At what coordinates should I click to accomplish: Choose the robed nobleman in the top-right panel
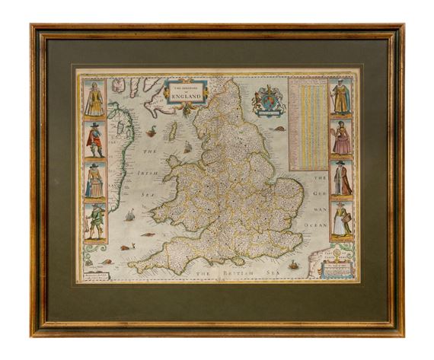click(x=340, y=98)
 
